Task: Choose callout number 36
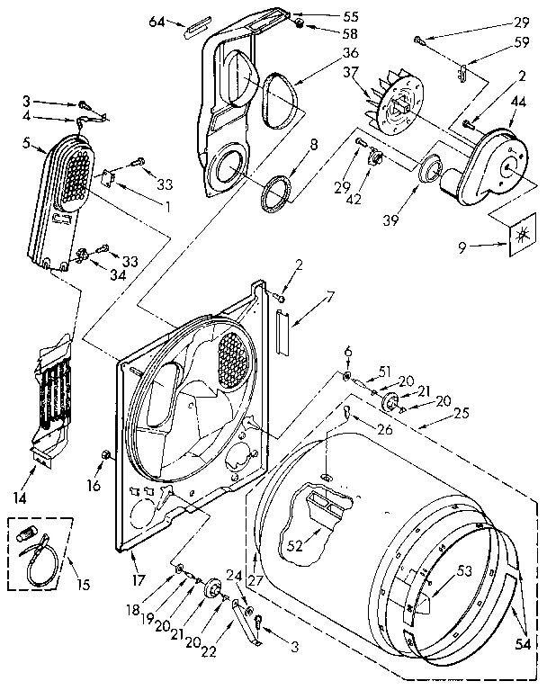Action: click(x=325, y=51)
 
